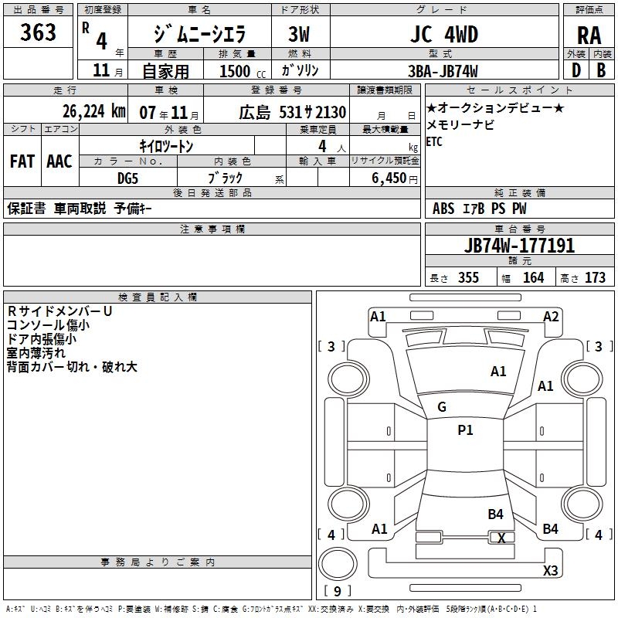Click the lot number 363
click(x=39, y=33)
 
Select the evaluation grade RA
click(x=589, y=36)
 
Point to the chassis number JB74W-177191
click(x=519, y=246)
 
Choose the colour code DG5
click(x=128, y=178)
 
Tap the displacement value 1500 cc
click(x=237, y=71)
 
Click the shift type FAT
click(x=22, y=161)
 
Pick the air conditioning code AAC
click(x=59, y=161)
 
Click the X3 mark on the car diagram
click(x=550, y=571)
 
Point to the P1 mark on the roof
click(x=465, y=430)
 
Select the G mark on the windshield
click(x=442, y=407)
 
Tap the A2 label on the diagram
click(x=551, y=316)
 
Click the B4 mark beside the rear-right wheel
click(x=550, y=528)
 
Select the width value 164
click(x=534, y=278)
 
